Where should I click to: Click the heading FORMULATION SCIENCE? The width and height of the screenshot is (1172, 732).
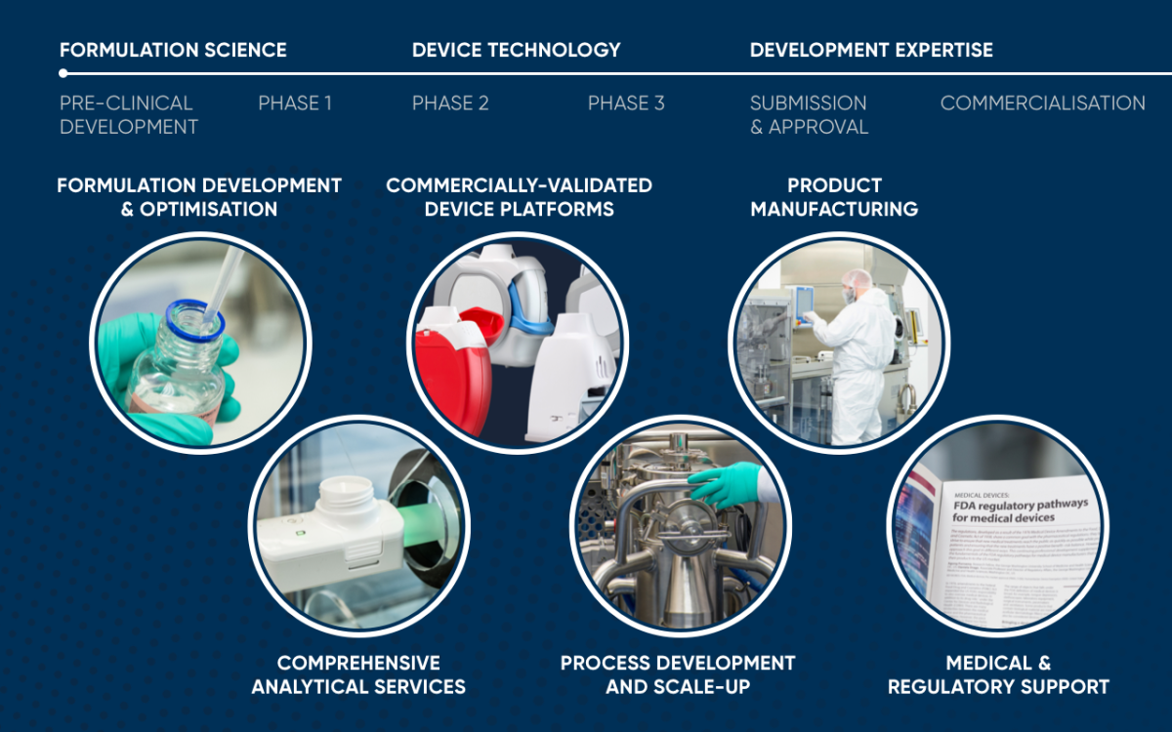[173, 50]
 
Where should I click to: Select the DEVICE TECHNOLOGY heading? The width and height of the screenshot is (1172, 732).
[516, 50]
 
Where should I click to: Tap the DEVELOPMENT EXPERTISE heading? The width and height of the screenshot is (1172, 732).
[871, 50]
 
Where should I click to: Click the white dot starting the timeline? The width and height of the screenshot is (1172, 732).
[63, 73]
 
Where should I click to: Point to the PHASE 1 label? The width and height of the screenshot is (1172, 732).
[295, 103]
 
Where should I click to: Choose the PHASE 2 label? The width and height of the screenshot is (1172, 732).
[450, 103]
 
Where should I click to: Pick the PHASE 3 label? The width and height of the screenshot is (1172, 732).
[626, 103]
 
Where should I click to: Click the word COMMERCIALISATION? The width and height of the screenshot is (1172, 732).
[1042, 103]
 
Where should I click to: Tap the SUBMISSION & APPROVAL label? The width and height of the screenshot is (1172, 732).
[809, 115]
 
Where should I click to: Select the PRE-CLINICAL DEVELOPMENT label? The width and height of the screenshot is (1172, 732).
[129, 115]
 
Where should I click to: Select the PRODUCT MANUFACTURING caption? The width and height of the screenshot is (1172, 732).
[834, 197]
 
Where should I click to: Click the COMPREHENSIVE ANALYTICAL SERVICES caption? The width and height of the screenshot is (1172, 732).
[358, 674]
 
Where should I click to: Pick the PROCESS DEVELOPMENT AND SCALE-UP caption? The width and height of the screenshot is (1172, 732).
[678, 674]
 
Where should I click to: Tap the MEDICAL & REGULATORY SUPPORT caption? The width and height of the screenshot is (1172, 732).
[998, 674]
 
